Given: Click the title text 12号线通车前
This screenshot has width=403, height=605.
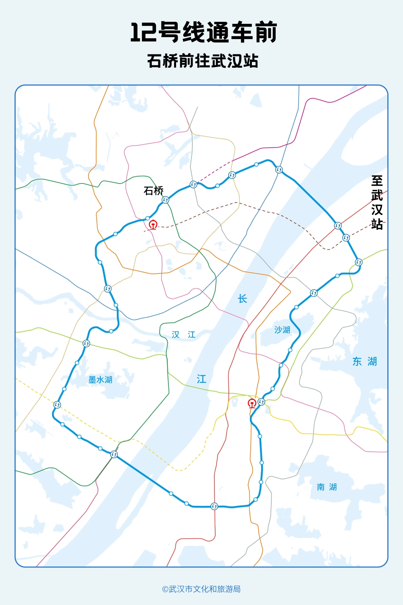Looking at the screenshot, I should click(x=203, y=33).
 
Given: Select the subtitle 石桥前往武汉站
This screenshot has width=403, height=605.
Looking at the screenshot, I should click(x=202, y=61).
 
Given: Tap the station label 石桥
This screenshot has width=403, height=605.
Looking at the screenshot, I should click(x=154, y=191).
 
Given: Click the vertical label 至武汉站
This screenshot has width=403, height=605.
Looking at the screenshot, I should click(x=377, y=202).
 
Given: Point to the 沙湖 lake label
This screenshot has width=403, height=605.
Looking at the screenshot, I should click(x=282, y=330).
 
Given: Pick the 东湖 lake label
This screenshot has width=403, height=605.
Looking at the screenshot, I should click(x=364, y=361).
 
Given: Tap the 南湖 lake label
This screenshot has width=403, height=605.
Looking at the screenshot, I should click(x=326, y=487).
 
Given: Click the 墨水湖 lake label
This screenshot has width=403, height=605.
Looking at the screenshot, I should click(x=100, y=380).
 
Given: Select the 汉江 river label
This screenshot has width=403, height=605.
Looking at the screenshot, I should click(x=183, y=334).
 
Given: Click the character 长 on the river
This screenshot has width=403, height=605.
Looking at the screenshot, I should click(x=242, y=299).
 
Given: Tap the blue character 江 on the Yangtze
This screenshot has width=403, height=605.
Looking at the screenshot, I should click(x=201, y=379).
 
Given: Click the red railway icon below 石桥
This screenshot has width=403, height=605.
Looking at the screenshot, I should click(x=153, y=225).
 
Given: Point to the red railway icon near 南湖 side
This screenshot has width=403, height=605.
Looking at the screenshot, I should click(x=252, y=403).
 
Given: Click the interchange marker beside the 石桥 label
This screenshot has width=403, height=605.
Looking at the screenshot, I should click(x=165, y=200).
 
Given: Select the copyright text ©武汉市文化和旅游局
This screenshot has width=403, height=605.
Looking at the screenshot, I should click(x=201, y=589).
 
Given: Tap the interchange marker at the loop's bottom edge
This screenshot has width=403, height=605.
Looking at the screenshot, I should click(x=214, y=506).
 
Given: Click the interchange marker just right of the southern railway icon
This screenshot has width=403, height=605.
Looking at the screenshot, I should click(x=262, y=402).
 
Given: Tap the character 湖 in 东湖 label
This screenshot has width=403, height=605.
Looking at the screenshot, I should click(x=372, y=361).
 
